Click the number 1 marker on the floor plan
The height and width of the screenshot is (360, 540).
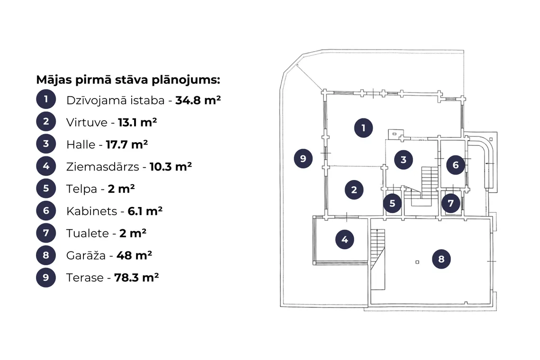pyautogui.click(x=363, y=128)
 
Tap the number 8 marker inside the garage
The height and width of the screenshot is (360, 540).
pyautogui.click(x=441, y=259)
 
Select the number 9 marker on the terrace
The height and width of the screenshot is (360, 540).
pyautogui.click(x=303, y=159)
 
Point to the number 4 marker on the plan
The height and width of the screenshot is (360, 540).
pyautogui.click(x=345, y=239)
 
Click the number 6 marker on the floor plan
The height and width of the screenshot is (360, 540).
pyautogui.click(x=456, y=165)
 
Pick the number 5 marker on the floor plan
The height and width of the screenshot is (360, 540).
pyautogui.click(x=392, y=203)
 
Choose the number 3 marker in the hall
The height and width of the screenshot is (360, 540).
pyautogui.click(x=404, y=160)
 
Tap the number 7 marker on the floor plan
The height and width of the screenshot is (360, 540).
pyautogui.click(x=451, y=203)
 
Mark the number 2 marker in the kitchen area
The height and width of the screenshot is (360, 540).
pyautogui.click(x=354, y=189)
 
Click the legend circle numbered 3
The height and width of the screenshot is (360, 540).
pyautogui.click(x=46, y=144)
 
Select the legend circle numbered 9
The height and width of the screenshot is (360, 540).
pyautogui.click(x=46, y=277)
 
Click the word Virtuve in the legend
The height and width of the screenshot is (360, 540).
pyautogui.click(x=87, y=122)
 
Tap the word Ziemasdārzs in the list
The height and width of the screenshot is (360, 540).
pyautogui.click(x=103, y=167)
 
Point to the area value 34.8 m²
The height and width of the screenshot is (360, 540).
pyautogui.click(x=198, y=100)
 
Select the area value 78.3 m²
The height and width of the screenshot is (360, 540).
pyautogui.click(x=136, y=278)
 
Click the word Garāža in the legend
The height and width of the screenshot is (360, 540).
pyautogui.click(x=86, y=255)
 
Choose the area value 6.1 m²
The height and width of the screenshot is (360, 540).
pyautogui.click(x=145, y=211)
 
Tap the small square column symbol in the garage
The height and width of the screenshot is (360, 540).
pyautogui.click(x=417, y=262)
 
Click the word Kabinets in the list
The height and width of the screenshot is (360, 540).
pyautogui.click(x=91, y=211)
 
